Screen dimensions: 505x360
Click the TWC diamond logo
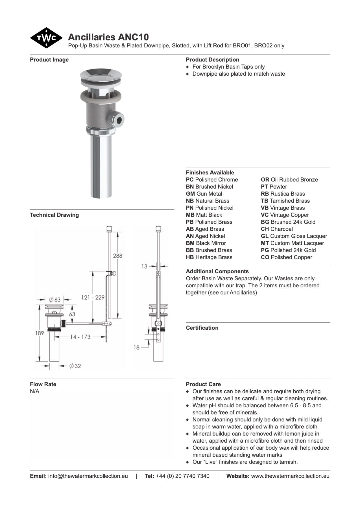point(46,38)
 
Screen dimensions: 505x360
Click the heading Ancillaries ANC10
point(108,37)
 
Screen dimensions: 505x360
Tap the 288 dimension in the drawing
point(117,256)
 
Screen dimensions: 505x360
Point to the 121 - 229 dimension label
point(93,297)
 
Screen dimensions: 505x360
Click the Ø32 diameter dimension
point(75,366)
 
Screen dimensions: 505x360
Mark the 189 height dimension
point(40,333)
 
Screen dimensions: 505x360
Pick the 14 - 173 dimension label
point(80,337)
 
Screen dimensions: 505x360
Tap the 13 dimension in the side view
point(144,266)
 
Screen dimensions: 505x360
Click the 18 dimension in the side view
point(137,347)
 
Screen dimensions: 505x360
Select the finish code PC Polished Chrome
point(212,180)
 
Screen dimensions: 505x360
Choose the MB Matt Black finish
point(204,215)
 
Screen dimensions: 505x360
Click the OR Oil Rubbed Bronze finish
point(289,180)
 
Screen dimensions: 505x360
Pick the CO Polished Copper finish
point(286,257)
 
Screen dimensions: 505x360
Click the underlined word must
point(285,285)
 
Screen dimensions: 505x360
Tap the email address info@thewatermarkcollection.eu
point(88,476)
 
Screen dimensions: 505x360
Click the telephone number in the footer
point(182,476)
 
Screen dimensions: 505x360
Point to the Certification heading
point(202,328)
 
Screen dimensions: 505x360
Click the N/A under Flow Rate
point(35,391)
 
